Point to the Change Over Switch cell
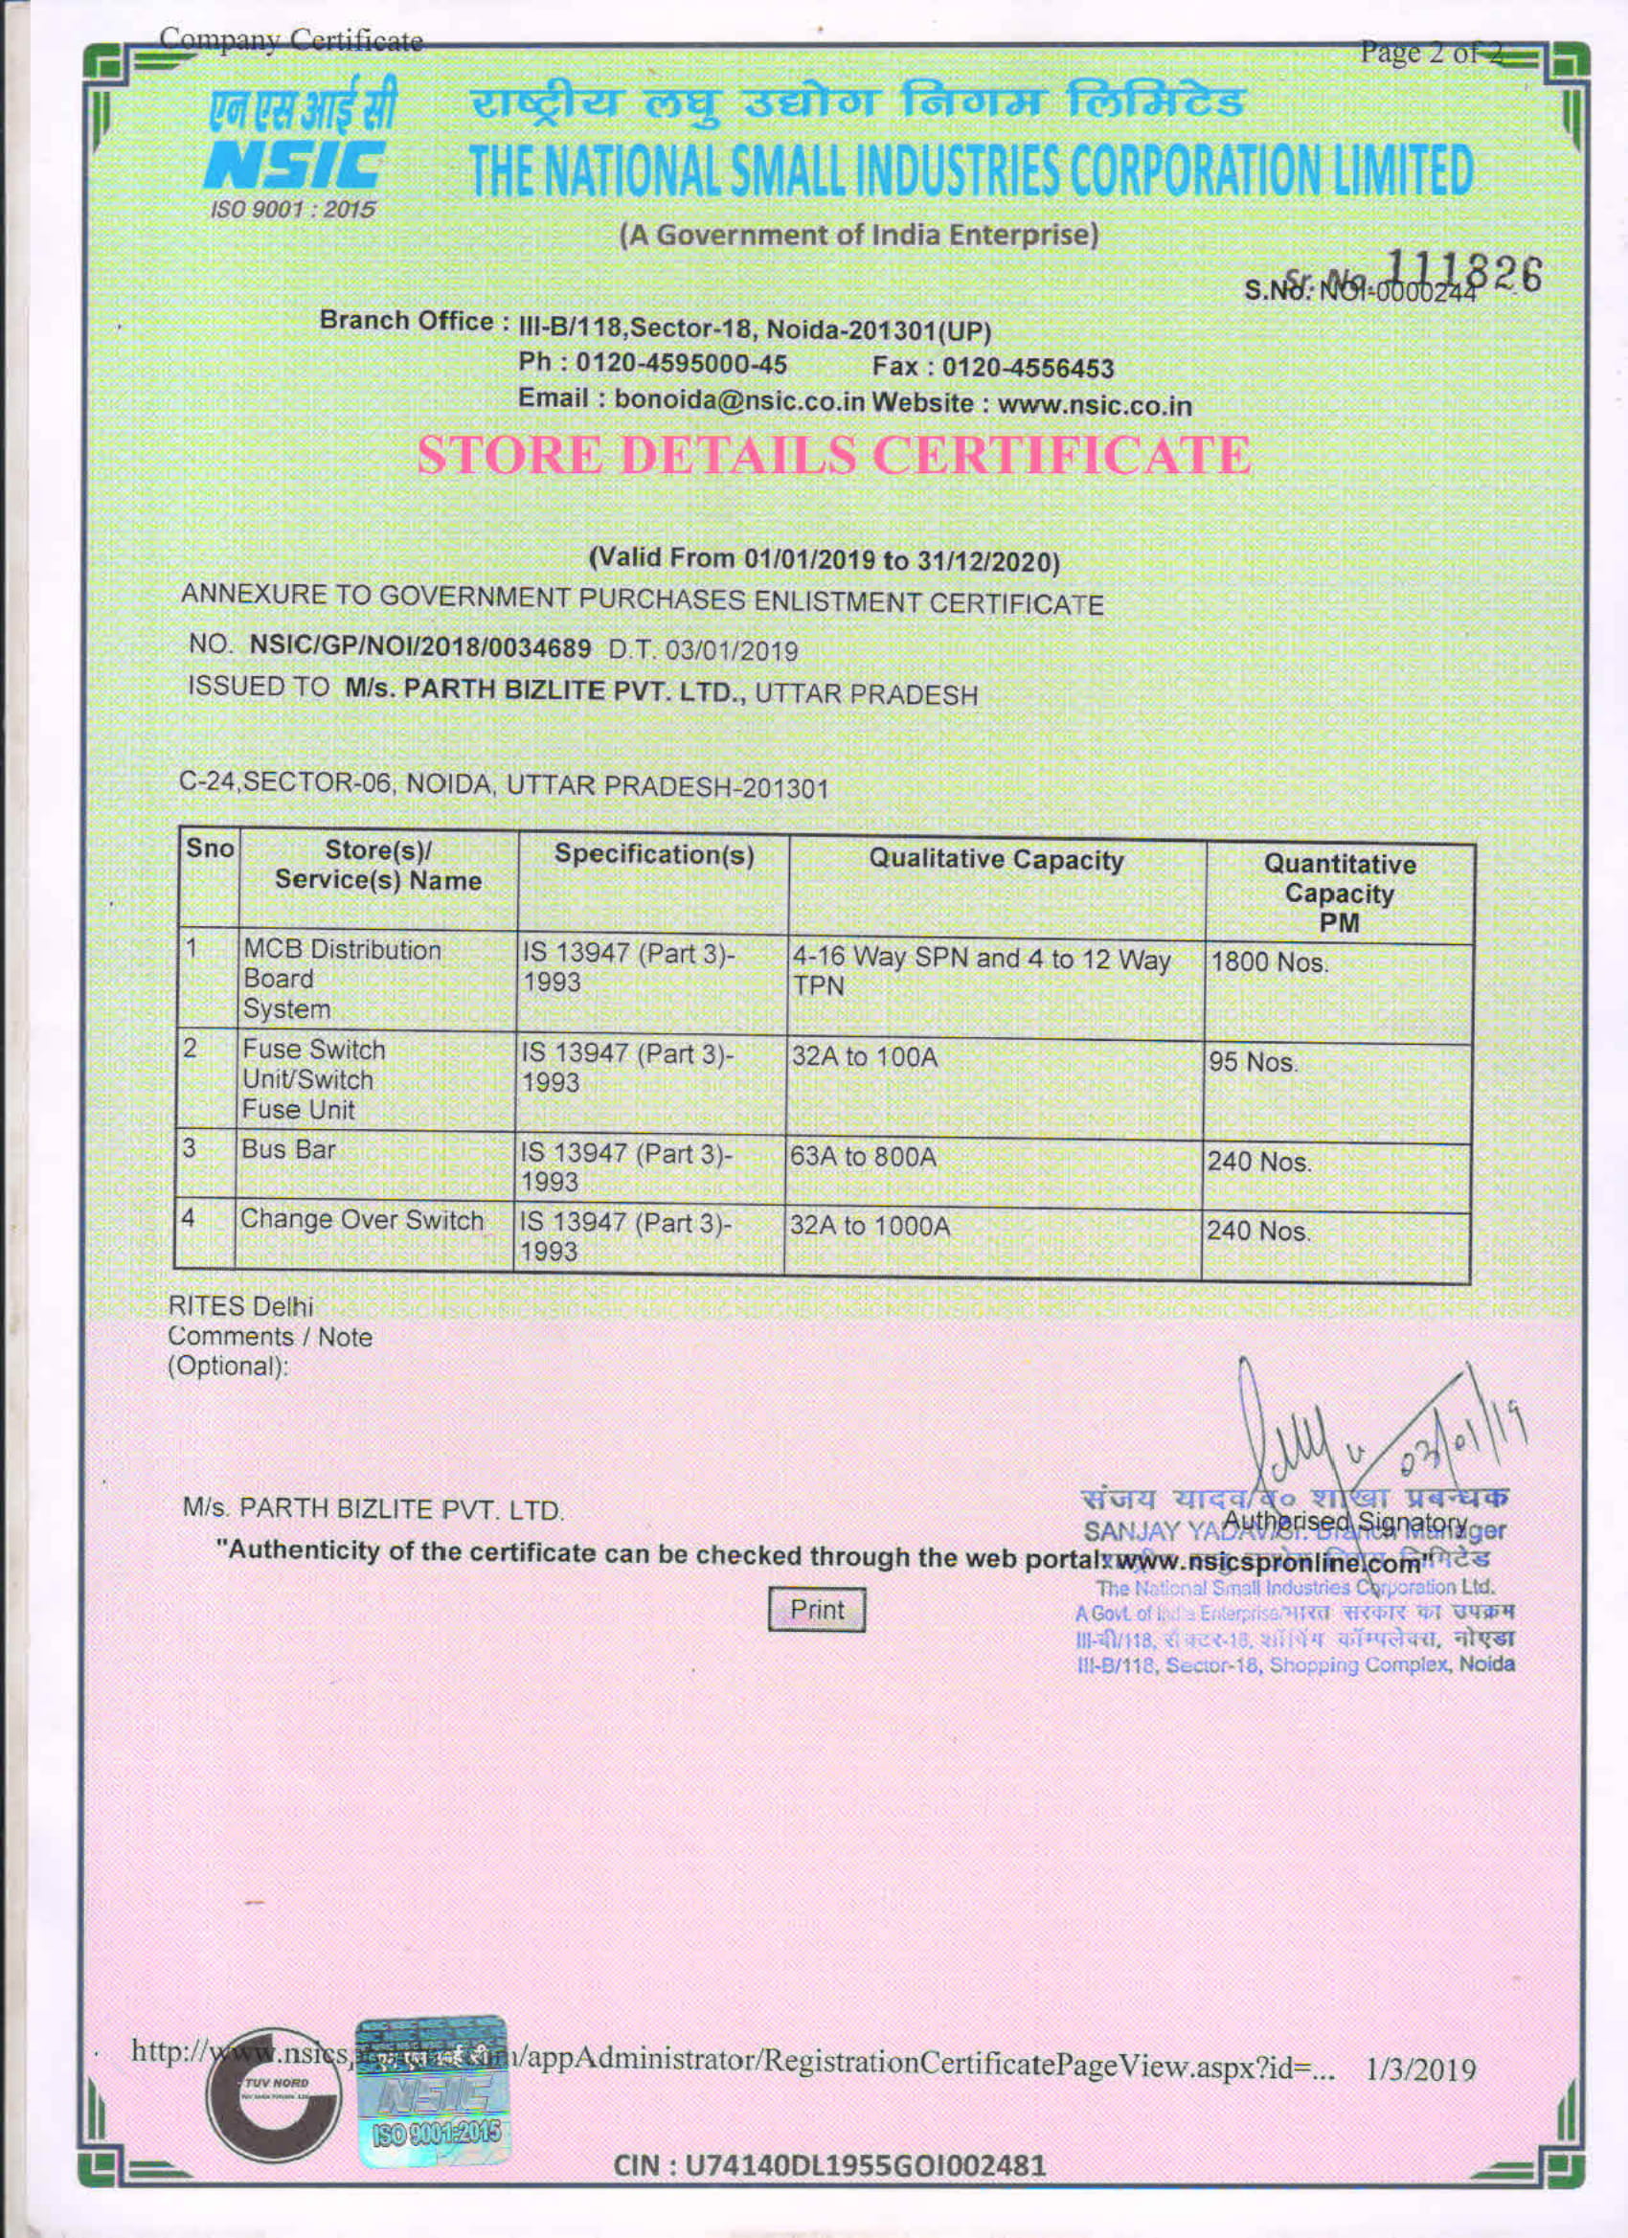pos(363,1220)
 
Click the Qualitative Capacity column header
pos(996,862)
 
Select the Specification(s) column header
pos(654,854)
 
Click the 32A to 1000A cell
pos(871,1227)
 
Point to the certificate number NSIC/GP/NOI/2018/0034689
pos(421,648)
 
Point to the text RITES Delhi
pos(241,1306)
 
